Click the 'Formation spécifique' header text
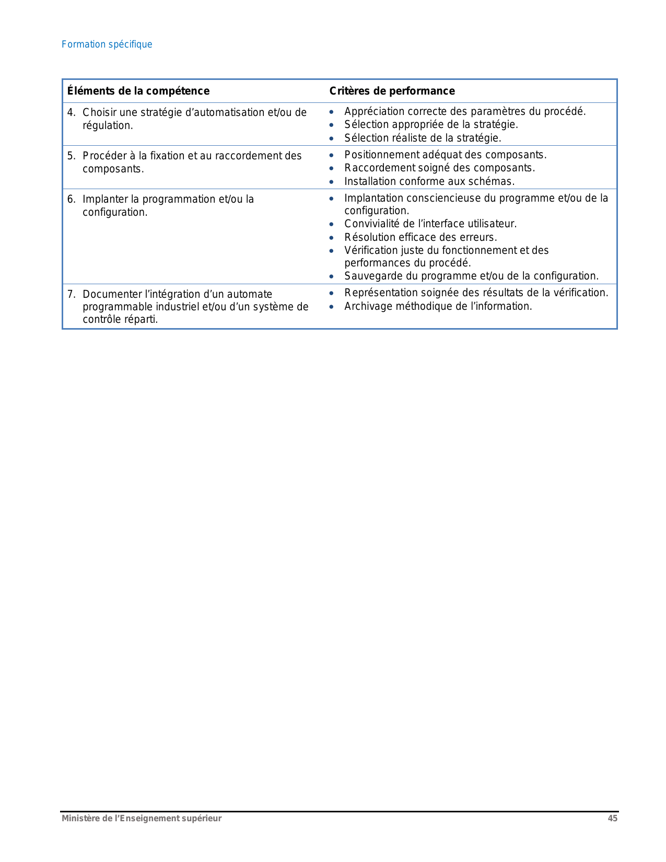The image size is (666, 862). click(107, 44)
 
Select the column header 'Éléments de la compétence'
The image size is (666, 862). click(138, 91)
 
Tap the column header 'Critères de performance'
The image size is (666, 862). click(392, 91)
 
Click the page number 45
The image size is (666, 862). click(612, 818)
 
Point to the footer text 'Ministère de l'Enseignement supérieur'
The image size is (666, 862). click(142, 818)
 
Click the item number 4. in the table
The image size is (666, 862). click(71, 112)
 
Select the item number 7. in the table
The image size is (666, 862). click(71, 294)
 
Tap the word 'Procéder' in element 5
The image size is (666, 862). click(104, 156)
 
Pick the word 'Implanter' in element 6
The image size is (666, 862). click(104, 199)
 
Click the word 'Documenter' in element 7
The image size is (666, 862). click(111, 294)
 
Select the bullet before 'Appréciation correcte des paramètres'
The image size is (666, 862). click(331, 112)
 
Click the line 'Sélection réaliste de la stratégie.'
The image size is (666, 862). click(423, 138)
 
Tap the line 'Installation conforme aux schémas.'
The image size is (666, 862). click(429, 181)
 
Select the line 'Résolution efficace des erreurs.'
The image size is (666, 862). click(420, 237)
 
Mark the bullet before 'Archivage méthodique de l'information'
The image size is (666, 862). click(331, 307)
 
